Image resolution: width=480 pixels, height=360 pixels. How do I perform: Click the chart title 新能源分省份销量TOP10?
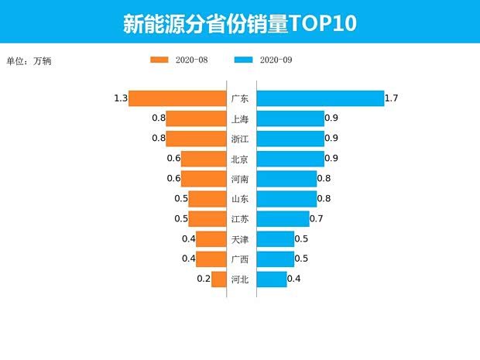240,23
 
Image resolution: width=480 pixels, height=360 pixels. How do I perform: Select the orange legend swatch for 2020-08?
159,60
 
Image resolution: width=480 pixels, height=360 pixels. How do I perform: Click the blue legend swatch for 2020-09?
243,60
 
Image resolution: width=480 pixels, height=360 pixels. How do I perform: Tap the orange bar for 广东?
177,98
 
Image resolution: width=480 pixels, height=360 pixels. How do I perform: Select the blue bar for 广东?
320,98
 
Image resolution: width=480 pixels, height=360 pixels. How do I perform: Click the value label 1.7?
391,98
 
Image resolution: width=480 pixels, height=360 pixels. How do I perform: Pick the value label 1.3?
120,98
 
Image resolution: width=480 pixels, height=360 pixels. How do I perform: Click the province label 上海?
240,118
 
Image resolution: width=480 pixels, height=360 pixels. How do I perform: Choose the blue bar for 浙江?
290,139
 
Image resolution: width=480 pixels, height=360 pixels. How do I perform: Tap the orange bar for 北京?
203,159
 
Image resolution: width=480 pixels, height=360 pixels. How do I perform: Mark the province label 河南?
240,179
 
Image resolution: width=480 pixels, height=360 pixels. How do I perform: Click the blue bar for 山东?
286,199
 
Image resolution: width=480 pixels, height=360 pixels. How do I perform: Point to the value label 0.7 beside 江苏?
316,219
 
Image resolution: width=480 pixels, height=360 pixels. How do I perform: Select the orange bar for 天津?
211,239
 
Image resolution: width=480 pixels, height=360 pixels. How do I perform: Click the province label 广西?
240,259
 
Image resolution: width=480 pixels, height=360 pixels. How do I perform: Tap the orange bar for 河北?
218,279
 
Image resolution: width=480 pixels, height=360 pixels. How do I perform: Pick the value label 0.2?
204,279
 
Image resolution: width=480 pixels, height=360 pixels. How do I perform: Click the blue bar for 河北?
271,279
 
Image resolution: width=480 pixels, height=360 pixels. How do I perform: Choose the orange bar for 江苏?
207,219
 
